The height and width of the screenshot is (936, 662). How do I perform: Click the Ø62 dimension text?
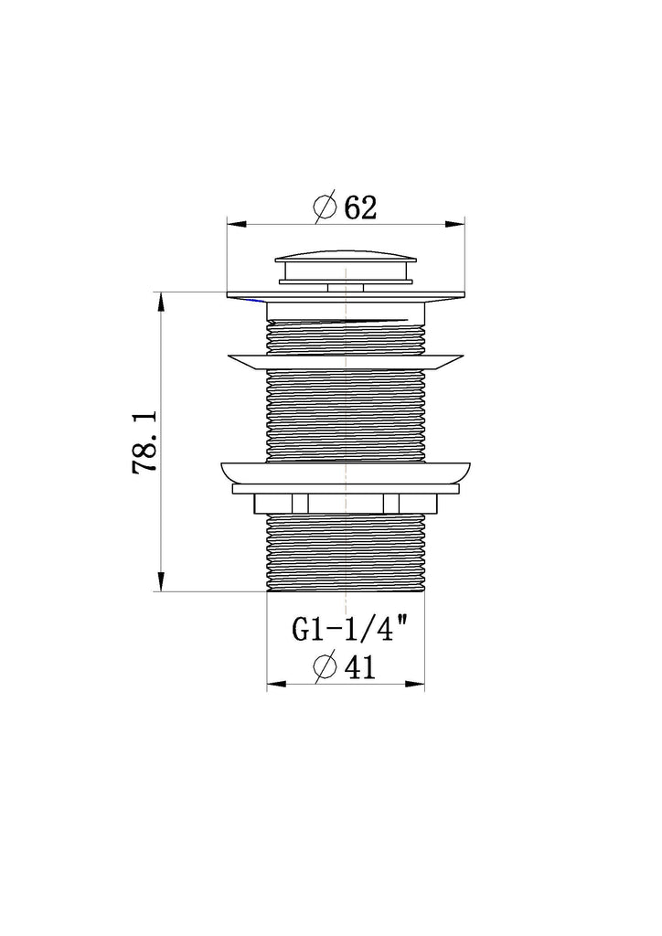click(346, 207)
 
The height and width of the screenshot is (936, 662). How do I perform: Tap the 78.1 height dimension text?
click(144, 441)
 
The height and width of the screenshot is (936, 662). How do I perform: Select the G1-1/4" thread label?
click(351, 629)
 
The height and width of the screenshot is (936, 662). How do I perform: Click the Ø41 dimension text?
click(345, 667)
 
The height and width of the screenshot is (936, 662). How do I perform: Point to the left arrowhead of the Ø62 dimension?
click(237, 225)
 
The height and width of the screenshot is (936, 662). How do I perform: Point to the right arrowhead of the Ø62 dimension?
click(455, 225)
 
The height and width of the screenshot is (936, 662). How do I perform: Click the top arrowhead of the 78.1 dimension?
click(161, 302)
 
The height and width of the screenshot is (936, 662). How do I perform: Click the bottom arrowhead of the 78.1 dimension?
click(161, 581)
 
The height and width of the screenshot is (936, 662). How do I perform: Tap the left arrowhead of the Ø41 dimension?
click(276, 684)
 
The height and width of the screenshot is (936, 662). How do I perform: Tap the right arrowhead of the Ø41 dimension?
click(415, 684)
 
